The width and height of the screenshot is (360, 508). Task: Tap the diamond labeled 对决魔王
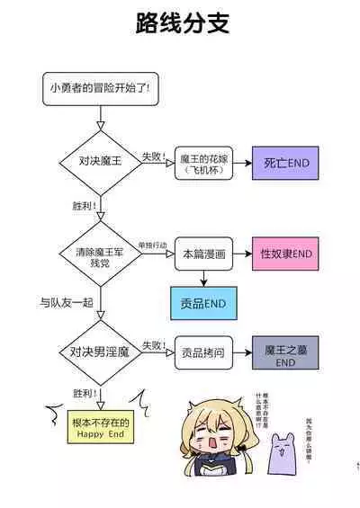pyautogui.click(x=101, y=162)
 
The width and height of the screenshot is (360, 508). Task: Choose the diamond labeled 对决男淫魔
pyautogui.click(x=101, y=352)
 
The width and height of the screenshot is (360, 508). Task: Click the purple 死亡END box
pyautogui.click(x=285, y=163)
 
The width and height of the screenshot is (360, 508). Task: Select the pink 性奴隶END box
pyautogui.click(x=285, y=254)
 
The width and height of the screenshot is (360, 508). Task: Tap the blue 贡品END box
pyautogui.click(x=202, y=304)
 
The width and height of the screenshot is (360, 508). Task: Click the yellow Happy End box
pyautogui.click(x=101, y=427)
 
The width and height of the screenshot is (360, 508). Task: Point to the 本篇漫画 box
pyautogui.click(x=202, y=255)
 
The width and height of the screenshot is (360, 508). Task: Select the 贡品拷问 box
pyautogui.click(x=202, y=352)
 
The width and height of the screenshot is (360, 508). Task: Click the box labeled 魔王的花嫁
pyautogui.click(x=202, y=162)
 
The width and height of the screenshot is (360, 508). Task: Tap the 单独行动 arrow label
pyautogui.click(x=151, y=245)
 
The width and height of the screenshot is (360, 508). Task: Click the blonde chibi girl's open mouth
pyautogui.click(x=206, y=443)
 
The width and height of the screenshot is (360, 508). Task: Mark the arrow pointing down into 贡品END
pyautogui.click(x=202, y=280)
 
